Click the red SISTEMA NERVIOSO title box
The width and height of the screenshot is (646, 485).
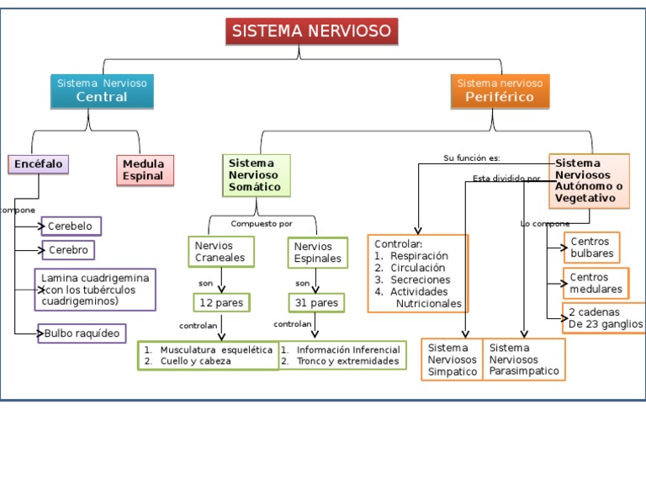[x=311, y=31]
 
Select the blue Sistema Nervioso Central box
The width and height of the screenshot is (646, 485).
[x=102, y=90]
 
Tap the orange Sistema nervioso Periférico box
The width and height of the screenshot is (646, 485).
[x=500, y=90]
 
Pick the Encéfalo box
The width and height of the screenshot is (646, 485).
[x=38, y=164]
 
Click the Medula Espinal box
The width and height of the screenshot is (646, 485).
[x=145, y=170]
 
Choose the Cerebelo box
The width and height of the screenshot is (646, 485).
[x=71, y=227]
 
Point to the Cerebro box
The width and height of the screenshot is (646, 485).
[x=68, y=250]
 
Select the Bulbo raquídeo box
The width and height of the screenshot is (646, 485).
[x=82, y=333]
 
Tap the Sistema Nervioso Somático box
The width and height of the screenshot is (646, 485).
[x=256, y=175]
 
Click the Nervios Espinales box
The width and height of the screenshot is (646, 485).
[x=318, y=252]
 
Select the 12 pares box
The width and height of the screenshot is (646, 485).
[x=221, y=302]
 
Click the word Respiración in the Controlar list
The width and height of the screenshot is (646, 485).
[x=419, y=256]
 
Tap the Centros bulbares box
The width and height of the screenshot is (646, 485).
[x=592, y=248]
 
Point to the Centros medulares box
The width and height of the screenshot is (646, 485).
[x=596, y=284]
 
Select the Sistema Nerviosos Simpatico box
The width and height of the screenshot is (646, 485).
[x=452, y=360]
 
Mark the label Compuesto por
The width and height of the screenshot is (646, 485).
[x=262, y=224]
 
